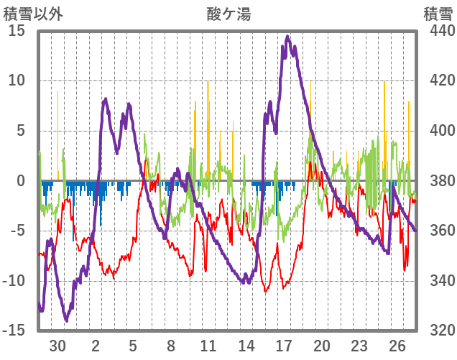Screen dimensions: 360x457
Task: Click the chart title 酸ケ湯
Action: pyautogui.click(x=228, y=13)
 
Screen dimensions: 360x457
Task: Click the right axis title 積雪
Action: pyautogui.click(x=437, y=13)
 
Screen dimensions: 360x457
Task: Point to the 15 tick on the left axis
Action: pyautogui.click(x=17, y=31)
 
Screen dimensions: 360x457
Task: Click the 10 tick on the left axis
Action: pyautogui.click(x=17, y=80)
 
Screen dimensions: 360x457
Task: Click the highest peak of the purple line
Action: pyautogui.click(x=287, y=37)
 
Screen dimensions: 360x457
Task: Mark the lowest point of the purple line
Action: pyautogui.click(x=66, y=320)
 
